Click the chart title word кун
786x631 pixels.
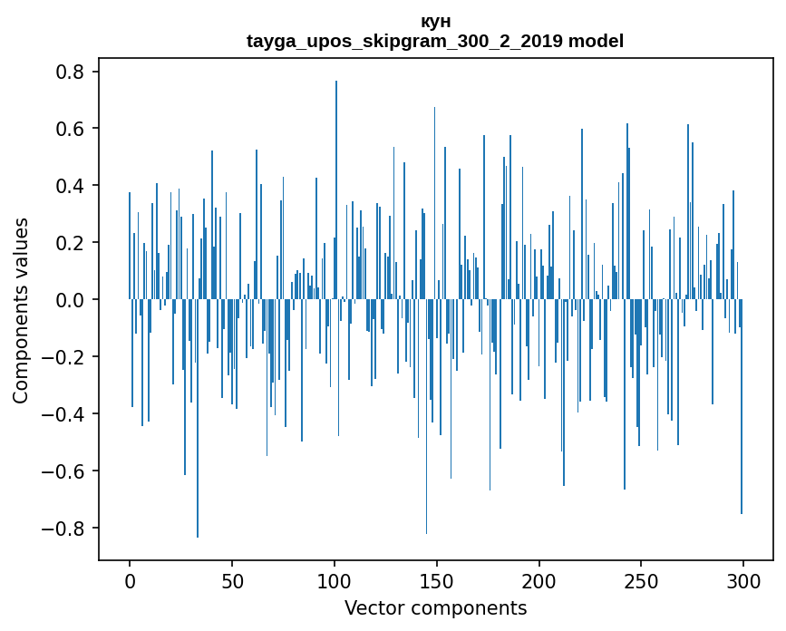(x=435, y=22)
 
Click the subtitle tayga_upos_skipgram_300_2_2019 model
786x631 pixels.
(x=435, y=41)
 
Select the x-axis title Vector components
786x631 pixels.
(x=435, y=607)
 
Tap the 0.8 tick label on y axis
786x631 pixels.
(x=71, y=72)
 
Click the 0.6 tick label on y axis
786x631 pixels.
(x=71, y=129)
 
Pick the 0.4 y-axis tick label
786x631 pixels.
(x=71, y=186)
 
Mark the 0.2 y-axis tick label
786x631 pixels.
(x=71, y=243)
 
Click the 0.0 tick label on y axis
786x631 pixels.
(x=71, y=300)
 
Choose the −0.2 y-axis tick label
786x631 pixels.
(x=65, y=357)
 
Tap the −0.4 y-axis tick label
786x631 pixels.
(x=65, y=414)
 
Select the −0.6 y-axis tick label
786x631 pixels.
(x=65, y=471)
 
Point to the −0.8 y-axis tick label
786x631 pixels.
(x=65, y=529)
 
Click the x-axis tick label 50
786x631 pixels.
(x=232, y=580)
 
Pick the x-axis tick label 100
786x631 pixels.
(x=335, y=580)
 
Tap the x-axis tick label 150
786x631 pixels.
(x=437, y=580)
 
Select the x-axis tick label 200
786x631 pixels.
(x=539, y=580)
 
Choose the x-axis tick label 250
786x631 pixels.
(x=642, y=580)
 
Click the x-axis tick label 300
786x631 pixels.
(x=743, y=580)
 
